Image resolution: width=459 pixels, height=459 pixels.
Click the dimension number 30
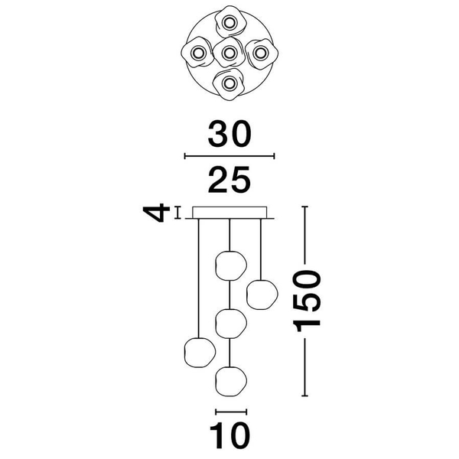pos(229,134)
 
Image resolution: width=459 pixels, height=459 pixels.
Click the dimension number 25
pos(229,180)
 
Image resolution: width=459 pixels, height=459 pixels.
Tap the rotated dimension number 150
pos(307,301)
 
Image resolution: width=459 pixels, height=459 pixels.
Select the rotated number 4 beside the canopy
pos(156,213)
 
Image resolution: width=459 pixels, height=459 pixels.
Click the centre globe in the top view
pos(229,53)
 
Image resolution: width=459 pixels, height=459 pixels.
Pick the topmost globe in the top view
pos(229,22)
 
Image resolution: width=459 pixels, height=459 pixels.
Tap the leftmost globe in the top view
pos(197,53)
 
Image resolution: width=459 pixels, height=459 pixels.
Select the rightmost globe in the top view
pos(261,53)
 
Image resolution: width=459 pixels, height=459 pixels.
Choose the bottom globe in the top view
pos(229,84)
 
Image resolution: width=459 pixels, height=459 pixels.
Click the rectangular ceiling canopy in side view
pos(229,213)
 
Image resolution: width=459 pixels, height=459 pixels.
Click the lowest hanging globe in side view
pos(231,382)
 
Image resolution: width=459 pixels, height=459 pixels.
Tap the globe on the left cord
pos(200,353)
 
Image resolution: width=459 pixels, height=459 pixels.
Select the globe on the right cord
pos(262,295)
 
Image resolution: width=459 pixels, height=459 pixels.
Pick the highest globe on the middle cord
pos(231,265)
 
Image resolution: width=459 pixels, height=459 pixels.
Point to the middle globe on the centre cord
pos(231,324)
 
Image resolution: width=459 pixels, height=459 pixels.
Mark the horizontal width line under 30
pos(229,156)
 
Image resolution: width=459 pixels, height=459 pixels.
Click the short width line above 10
pos(231,412)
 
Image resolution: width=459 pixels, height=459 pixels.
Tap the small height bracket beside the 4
pos(177,213)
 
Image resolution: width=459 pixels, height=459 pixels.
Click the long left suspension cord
pos(199,278)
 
